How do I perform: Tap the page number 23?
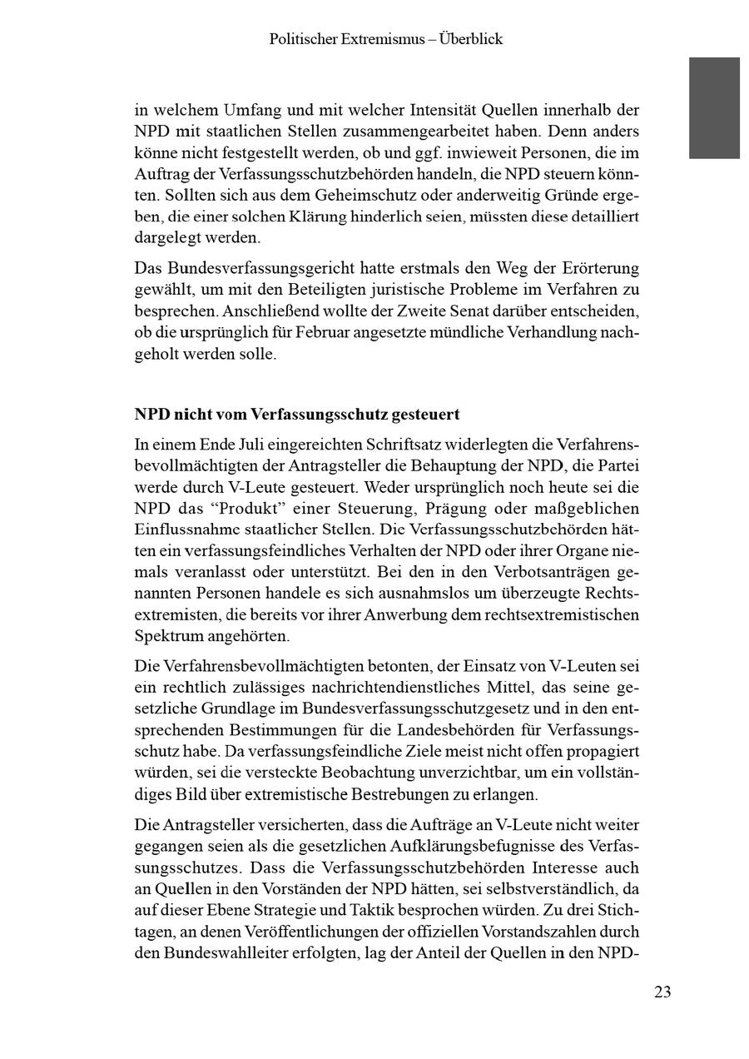(662, 992)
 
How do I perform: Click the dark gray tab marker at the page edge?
(714, 107)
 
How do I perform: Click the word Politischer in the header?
(305, 39)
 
